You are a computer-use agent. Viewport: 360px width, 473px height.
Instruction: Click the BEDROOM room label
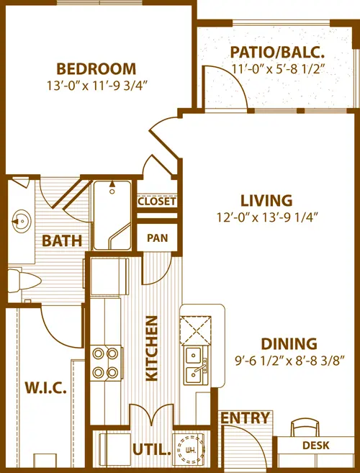[x=96, y=69]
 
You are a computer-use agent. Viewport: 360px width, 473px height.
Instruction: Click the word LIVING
[x=266, y=201]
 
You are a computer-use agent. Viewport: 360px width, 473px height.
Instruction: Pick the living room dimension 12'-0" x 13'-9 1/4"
[x=266, y=217]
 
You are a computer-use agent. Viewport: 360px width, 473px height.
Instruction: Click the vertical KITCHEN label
[x=152, y=351]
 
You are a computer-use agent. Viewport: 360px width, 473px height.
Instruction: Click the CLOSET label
[x=156, y=202]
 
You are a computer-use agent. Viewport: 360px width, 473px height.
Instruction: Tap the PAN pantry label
[x=156, y=238]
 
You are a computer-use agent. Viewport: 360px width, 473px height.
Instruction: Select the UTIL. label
[x=151, y=451]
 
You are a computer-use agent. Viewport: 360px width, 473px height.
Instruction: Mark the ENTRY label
[x=245, y=418]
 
